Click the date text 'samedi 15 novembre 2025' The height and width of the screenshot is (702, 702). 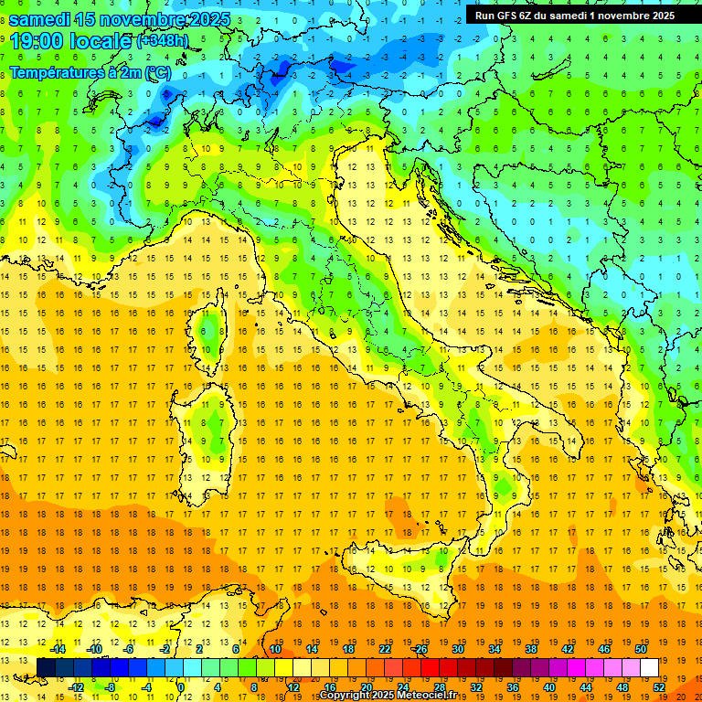[114, 19]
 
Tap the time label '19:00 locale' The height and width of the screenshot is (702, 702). [71, 41]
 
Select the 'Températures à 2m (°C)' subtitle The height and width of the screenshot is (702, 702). [90, 71]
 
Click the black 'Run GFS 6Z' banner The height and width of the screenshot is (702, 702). [574, 15]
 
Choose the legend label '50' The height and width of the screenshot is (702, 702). [640, 649]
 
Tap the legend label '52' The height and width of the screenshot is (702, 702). [659, 687]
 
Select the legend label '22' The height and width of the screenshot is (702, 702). [385, 649]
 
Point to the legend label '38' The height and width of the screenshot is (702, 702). [531, 649]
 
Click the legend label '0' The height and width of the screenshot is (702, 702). [181, 687]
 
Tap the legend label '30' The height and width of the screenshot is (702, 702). [458, 649]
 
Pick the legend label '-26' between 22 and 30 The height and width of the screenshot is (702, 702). [420, 649]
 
